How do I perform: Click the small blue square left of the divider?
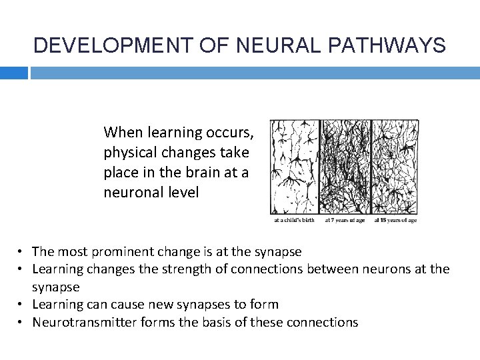coord(13,73)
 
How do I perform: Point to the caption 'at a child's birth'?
coord(295,220)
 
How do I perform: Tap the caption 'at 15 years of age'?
coord(395,220)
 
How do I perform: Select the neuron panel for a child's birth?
coord(294,167)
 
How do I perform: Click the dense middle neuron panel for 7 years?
coord(345,167)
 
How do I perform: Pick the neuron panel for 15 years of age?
coord(395,167)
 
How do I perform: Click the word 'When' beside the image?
coord(122,133)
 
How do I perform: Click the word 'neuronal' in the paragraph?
coord(131,193)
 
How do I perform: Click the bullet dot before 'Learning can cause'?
coord(22,305)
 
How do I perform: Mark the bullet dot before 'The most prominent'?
coord(22,252)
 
